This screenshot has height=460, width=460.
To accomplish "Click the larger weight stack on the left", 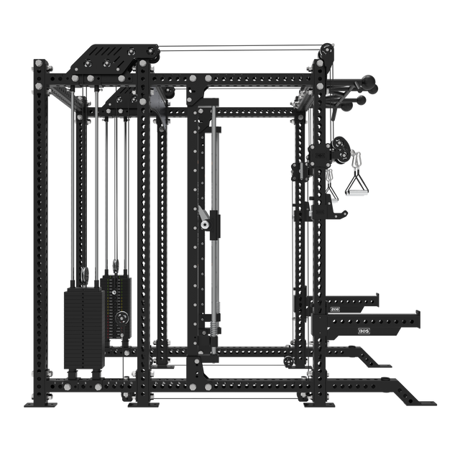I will pyautogui.click(x=83, y=326).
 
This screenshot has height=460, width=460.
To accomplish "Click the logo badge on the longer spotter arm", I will pyautogui.click(x=361, y=331).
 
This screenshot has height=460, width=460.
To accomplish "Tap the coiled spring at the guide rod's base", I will pyautogui.click(x=213, y=326).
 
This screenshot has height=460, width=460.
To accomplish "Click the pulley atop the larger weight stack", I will pyautogui.click(x=86, y=275).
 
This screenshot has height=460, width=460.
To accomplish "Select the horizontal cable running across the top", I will pyautogui.click(x=237, y=49).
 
